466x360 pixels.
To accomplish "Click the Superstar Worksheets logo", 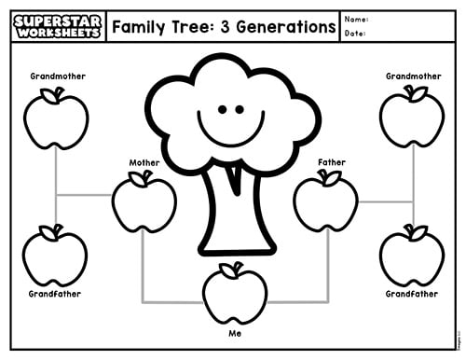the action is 58,26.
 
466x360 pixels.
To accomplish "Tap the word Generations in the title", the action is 286,27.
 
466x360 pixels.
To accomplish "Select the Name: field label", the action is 356,20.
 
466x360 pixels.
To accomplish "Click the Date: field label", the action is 355,34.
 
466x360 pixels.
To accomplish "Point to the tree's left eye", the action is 223,109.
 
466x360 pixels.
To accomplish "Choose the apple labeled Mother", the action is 144,202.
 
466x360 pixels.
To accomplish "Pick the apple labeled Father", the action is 325,201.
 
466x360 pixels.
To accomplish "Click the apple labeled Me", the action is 235,294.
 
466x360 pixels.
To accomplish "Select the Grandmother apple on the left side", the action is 56,118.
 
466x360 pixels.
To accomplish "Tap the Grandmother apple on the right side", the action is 412,118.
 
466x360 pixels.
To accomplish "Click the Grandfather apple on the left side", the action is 55,256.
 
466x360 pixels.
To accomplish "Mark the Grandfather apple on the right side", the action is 412,256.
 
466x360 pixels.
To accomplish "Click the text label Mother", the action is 144,162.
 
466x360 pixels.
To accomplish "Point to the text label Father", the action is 332,162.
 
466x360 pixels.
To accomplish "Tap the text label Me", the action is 235,334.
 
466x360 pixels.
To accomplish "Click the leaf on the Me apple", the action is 229,270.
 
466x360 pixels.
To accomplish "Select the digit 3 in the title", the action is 226,27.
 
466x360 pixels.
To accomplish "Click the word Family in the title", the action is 139,27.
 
